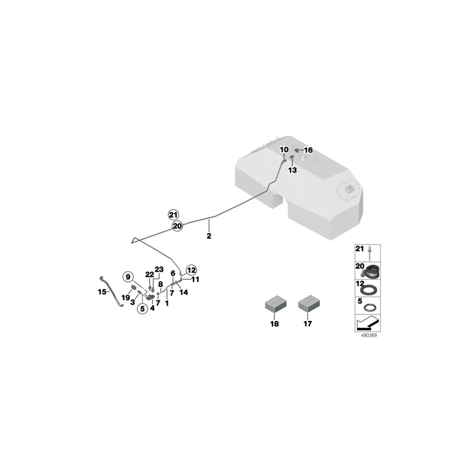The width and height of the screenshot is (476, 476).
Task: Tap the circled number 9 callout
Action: (x=127, y=276)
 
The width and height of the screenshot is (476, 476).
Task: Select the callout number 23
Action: (x=160, y=269)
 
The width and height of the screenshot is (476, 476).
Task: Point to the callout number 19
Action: (x=125, y=298)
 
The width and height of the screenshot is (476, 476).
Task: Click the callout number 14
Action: (x=184, y=292)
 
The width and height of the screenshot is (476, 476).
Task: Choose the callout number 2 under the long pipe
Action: (x=209, y=236)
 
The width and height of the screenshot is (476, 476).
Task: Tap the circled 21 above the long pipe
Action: (x=173, y=214)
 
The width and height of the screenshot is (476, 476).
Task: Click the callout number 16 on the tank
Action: (x=308, y=150)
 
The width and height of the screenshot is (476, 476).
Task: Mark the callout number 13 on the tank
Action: (x=292, y=170)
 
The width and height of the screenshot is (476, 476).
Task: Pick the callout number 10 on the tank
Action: (x=284, y=150)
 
